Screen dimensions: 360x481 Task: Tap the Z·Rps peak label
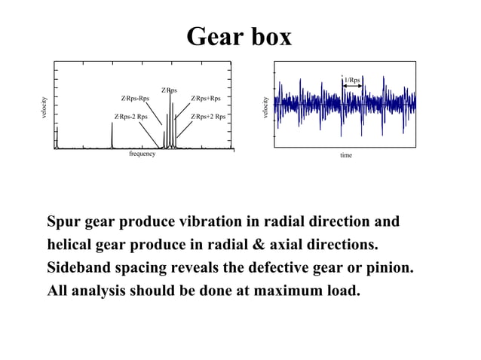pos(170,90)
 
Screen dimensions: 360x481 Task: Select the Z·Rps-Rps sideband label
pos(135,99)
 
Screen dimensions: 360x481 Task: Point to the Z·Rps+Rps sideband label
pos(205,99)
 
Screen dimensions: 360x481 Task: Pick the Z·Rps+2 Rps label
pos(208,117)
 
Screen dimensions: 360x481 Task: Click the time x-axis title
pos(346,155)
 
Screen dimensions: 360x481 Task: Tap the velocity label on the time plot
pos(265,108)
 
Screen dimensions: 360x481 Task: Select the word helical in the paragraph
pos(72,246)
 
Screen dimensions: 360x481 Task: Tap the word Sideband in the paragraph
pos(81,268)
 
